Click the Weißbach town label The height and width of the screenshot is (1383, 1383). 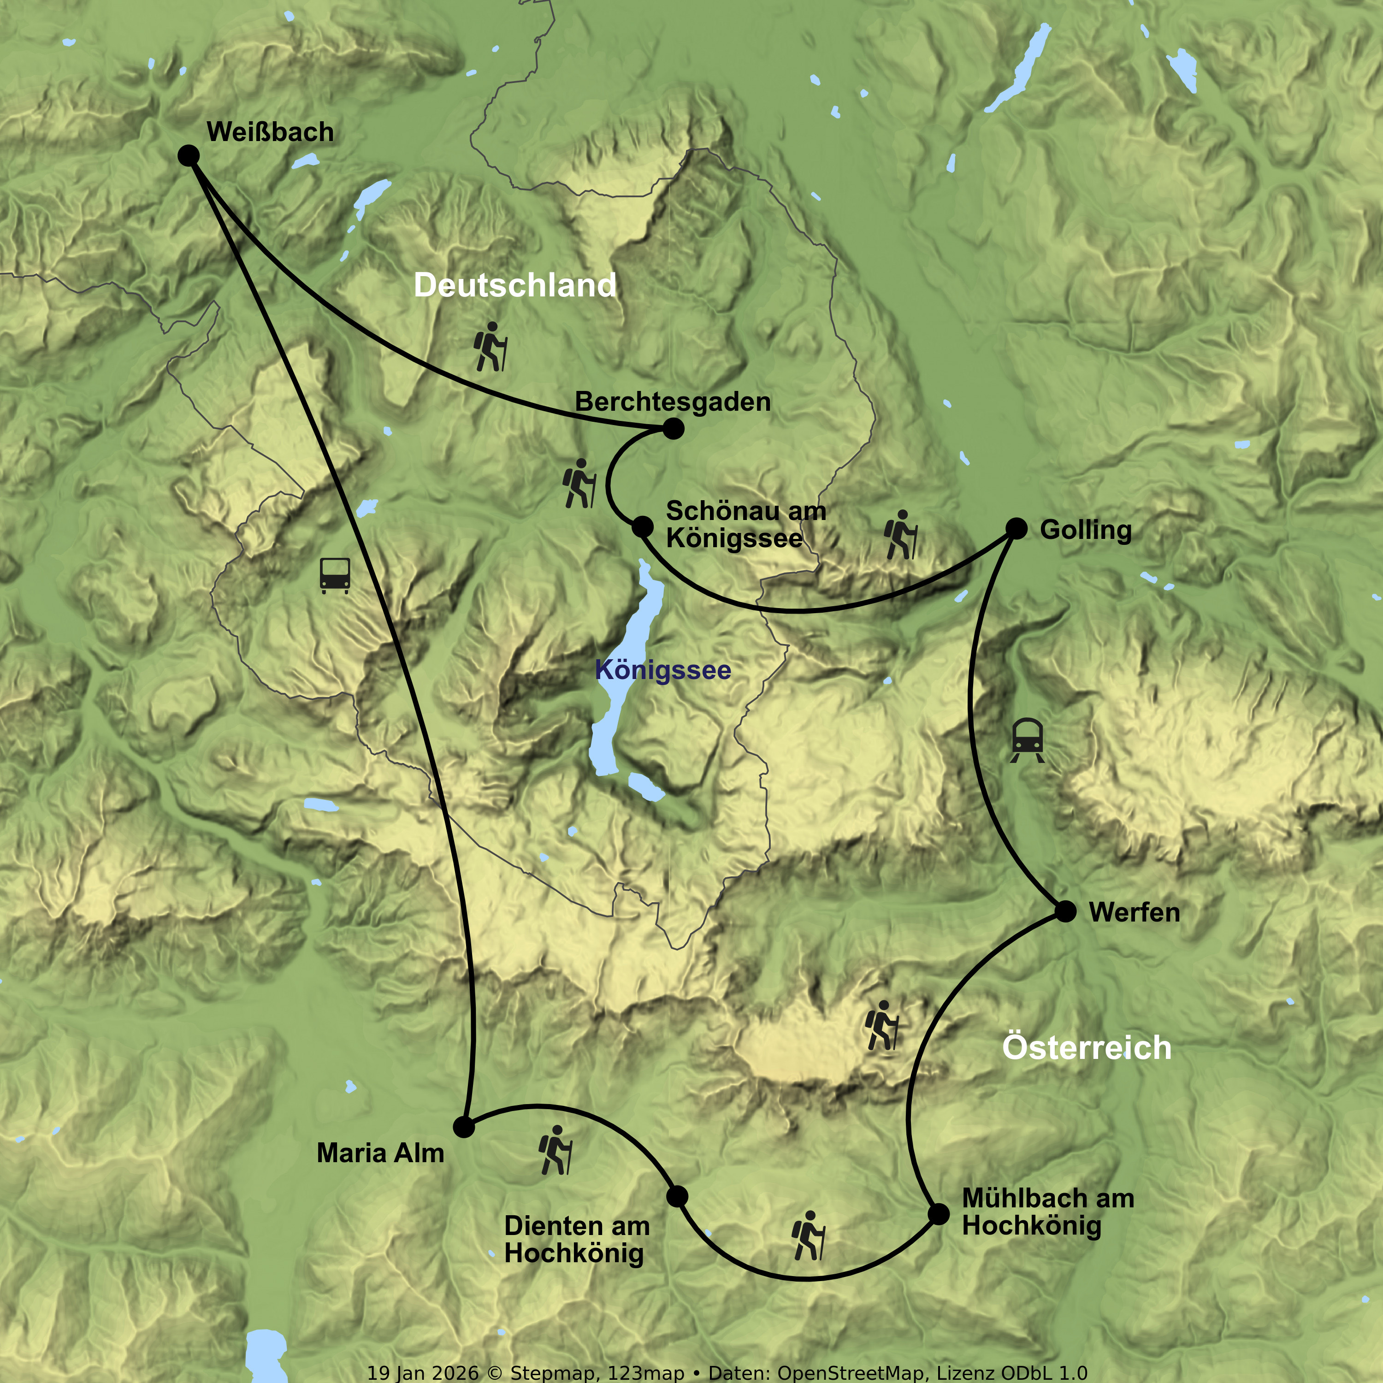[x=270, y=132]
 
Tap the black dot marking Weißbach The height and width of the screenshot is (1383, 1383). [x=188, y=155]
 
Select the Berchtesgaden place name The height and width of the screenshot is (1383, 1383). [x=673, y=402]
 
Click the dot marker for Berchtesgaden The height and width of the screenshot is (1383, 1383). [x=673, y=429]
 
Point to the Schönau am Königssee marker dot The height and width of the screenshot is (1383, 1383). [x=643, y=527]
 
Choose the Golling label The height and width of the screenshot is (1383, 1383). [x=1085, y=531]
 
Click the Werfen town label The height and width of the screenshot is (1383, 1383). [x=1134, y=913]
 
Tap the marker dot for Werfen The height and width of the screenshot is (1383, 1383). [x=1066, y=912]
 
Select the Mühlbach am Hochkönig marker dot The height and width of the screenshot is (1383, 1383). [x=939, y=1214]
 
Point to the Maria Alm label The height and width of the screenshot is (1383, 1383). [x=380, y=1153]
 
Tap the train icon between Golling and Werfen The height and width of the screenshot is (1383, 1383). [x=1027, y=740]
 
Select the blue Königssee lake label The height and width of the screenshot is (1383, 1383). [x=663, y=671]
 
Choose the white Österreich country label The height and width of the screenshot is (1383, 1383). [x=1087, y=1048]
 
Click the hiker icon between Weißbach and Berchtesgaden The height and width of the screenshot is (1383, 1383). [x=491, y=347]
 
